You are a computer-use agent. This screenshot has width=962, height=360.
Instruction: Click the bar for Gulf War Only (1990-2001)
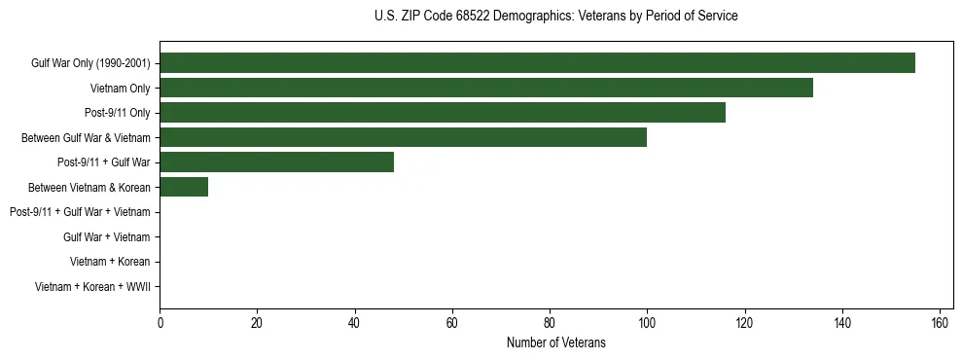pos(537,63)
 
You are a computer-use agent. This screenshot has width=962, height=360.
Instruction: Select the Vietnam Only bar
pos(486,89)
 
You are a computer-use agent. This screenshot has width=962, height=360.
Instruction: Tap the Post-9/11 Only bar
pos(443,113)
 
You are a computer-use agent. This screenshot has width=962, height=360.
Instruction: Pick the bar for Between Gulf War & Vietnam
pos(404,138)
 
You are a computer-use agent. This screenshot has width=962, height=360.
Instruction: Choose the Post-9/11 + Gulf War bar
pos(277,162)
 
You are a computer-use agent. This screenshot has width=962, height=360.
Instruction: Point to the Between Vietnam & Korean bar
pos(184,187)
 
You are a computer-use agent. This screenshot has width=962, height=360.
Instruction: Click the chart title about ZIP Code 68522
pos(555,17)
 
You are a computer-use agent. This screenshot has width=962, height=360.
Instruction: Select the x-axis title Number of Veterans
pos(555,342)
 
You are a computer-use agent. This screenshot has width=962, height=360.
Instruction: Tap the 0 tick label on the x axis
pos(160,323)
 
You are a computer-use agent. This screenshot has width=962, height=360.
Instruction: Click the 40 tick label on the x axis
pos(355,323)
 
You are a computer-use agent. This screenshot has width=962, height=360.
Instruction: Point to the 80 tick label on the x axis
pos(550,323)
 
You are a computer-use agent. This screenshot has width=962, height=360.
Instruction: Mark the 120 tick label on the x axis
pos(744,323)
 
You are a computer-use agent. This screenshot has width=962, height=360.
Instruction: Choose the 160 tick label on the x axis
pos(940,323)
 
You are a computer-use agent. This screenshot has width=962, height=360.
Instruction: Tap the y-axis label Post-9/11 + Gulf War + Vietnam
pos(80,212)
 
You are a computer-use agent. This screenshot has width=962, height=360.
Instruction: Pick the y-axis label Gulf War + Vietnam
pos(107,236)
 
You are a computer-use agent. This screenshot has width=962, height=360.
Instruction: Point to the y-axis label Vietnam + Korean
pos(110,262)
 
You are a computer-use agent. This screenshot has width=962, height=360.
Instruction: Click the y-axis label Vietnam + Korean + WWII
pos(92,286)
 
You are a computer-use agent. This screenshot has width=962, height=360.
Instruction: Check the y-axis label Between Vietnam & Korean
pos(89,188)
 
